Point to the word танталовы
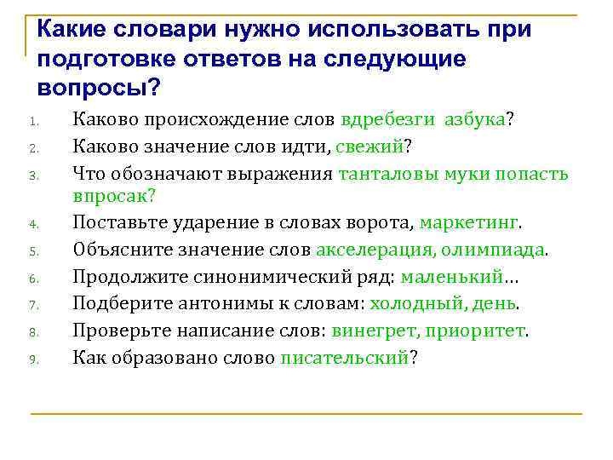pos(388,174)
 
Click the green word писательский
pos(344,357)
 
